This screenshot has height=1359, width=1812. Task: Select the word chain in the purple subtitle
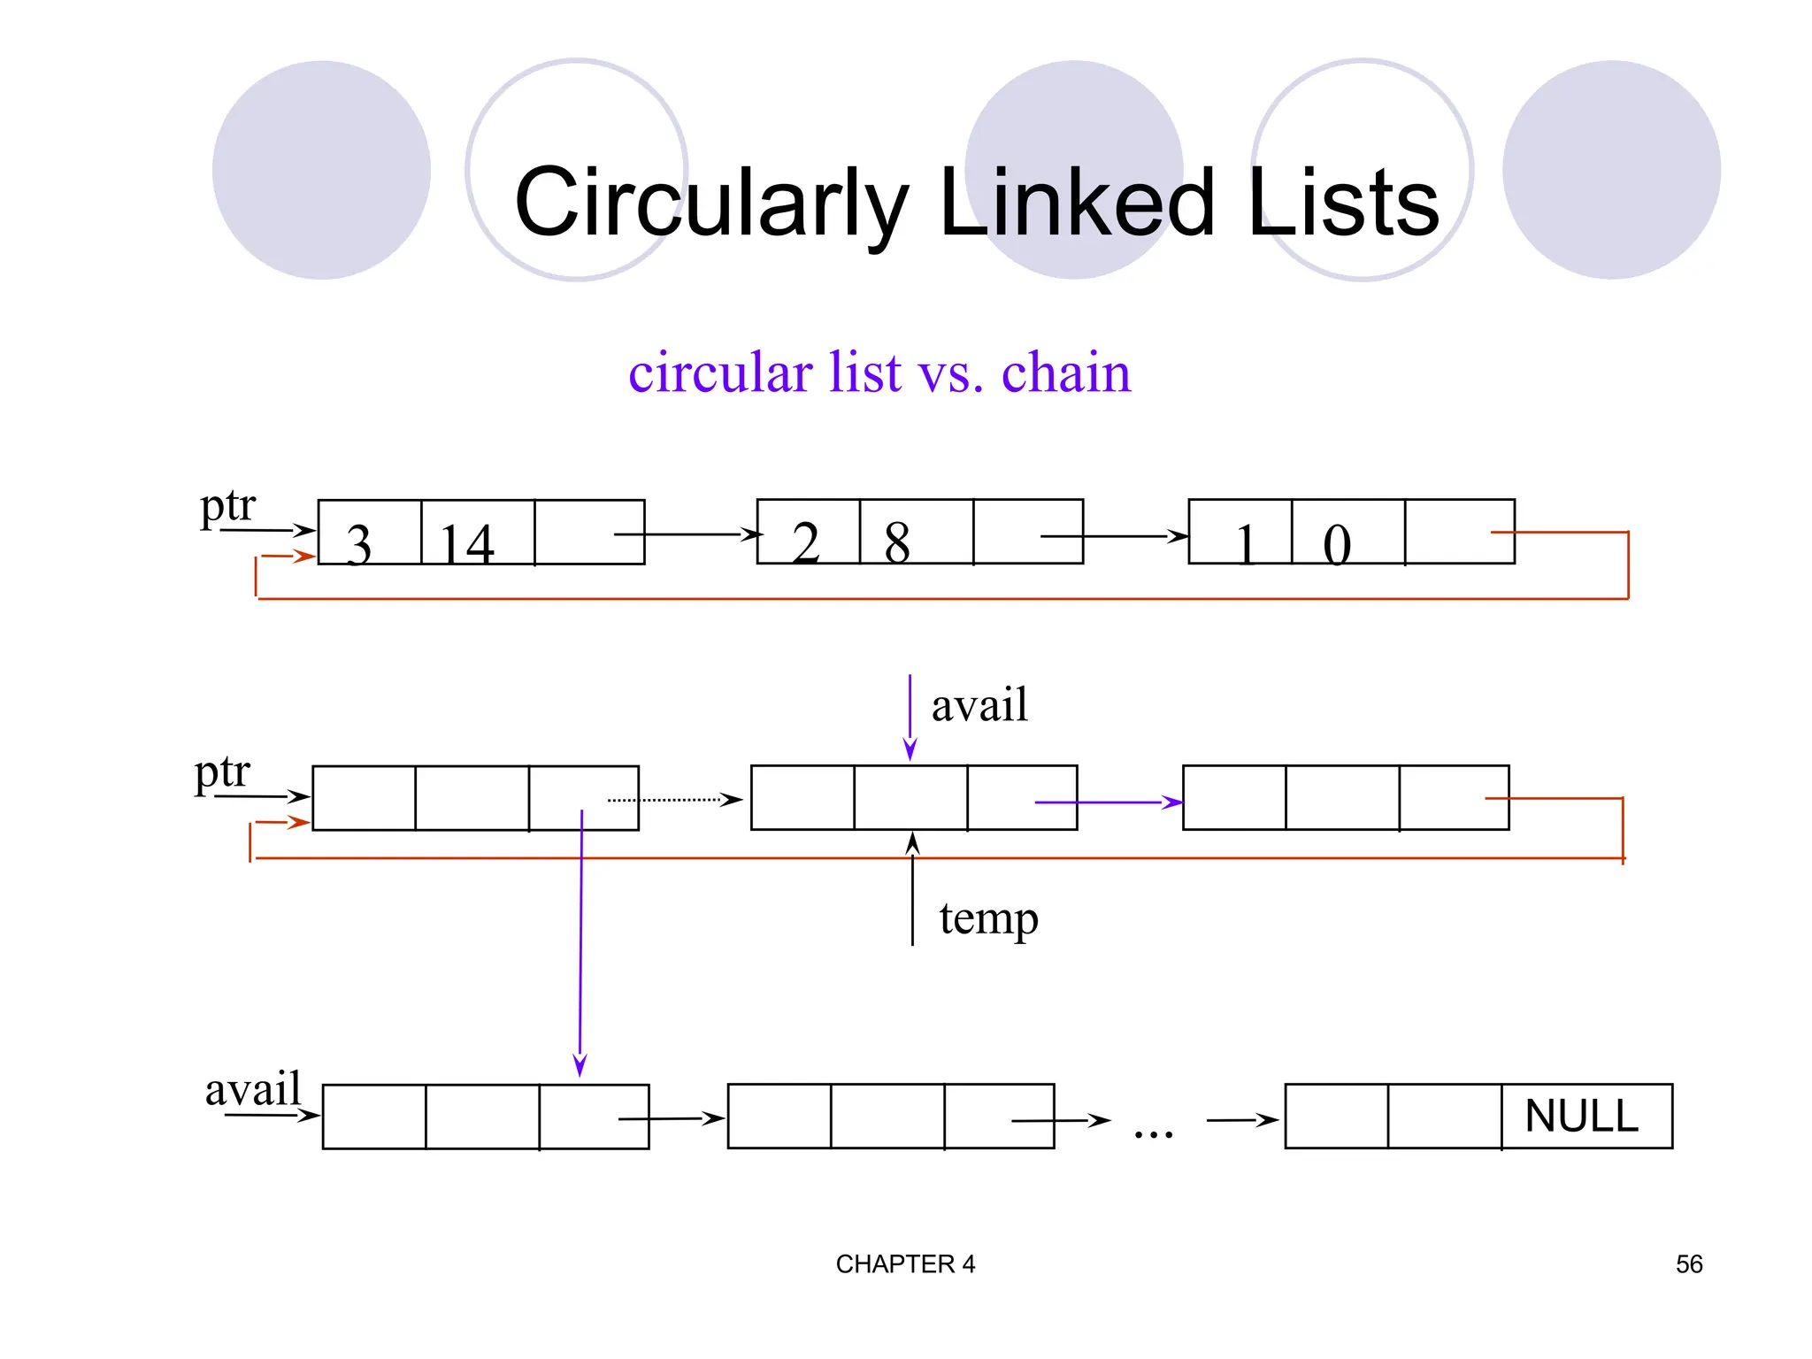[1065, 372]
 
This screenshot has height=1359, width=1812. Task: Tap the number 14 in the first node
[467, 543]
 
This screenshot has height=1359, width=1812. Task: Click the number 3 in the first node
[358, 543]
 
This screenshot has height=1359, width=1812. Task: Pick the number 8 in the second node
[896, 541]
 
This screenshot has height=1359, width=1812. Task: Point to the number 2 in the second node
[805, 541]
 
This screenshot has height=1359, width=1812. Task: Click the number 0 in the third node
[1336, 543]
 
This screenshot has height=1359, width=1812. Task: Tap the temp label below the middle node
[988, 918]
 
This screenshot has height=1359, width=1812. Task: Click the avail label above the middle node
[979, 705]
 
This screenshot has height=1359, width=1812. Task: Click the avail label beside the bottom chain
[253, 1088]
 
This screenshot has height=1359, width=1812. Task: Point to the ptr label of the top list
[227, 506]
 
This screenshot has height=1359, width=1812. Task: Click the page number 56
[1688, 1264]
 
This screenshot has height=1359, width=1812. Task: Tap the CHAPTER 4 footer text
[905, 1264]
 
